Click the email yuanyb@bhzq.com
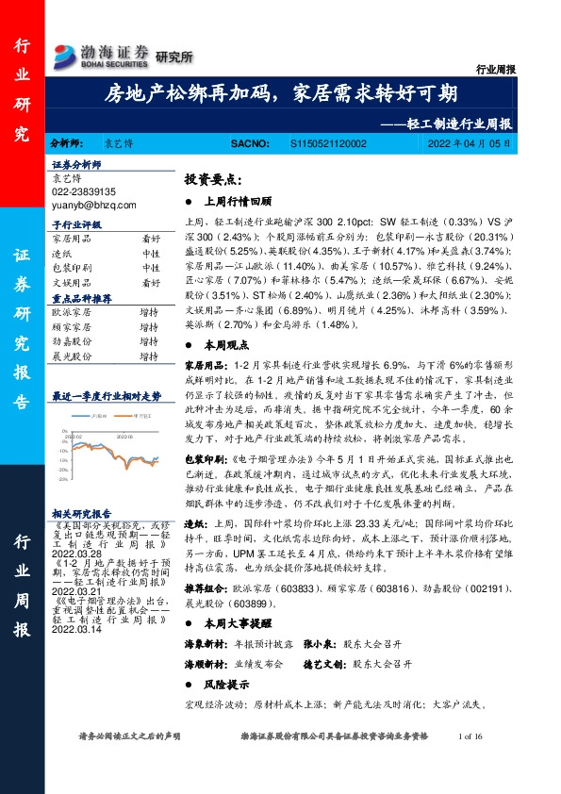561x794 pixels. pyautogui.click(x=93, y=204)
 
